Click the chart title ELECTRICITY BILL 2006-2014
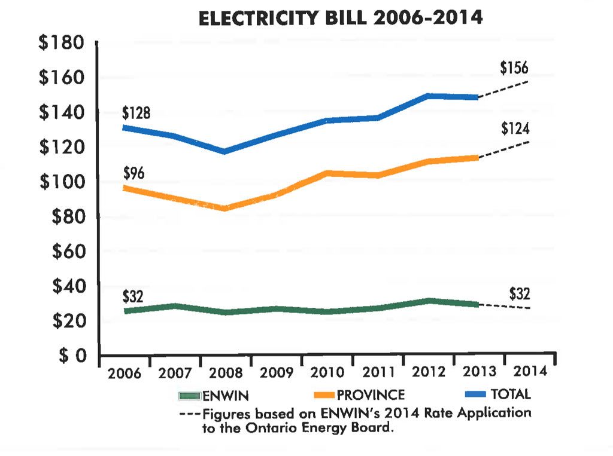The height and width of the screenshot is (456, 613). pyautogui.click(x=341, y=19)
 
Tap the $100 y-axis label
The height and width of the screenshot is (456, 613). pyautogui.click(x=62, y=182)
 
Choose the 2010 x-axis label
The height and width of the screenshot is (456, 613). pyautogui.click(x=328, y=372)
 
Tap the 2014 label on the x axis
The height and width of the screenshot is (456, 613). pyautogui.click(x=530, y=372)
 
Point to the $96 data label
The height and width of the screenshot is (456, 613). pyautogui.click(x=134, y=174)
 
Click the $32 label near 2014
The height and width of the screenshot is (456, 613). pyautogui.click(x=520, y=294)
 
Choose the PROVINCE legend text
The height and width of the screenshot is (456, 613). pyautogui.click(x=371, y=395)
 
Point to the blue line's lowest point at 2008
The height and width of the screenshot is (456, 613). pyautogui.click(x=224, y=151)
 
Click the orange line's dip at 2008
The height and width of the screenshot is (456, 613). pyautogui.click(x=224, y=208)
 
